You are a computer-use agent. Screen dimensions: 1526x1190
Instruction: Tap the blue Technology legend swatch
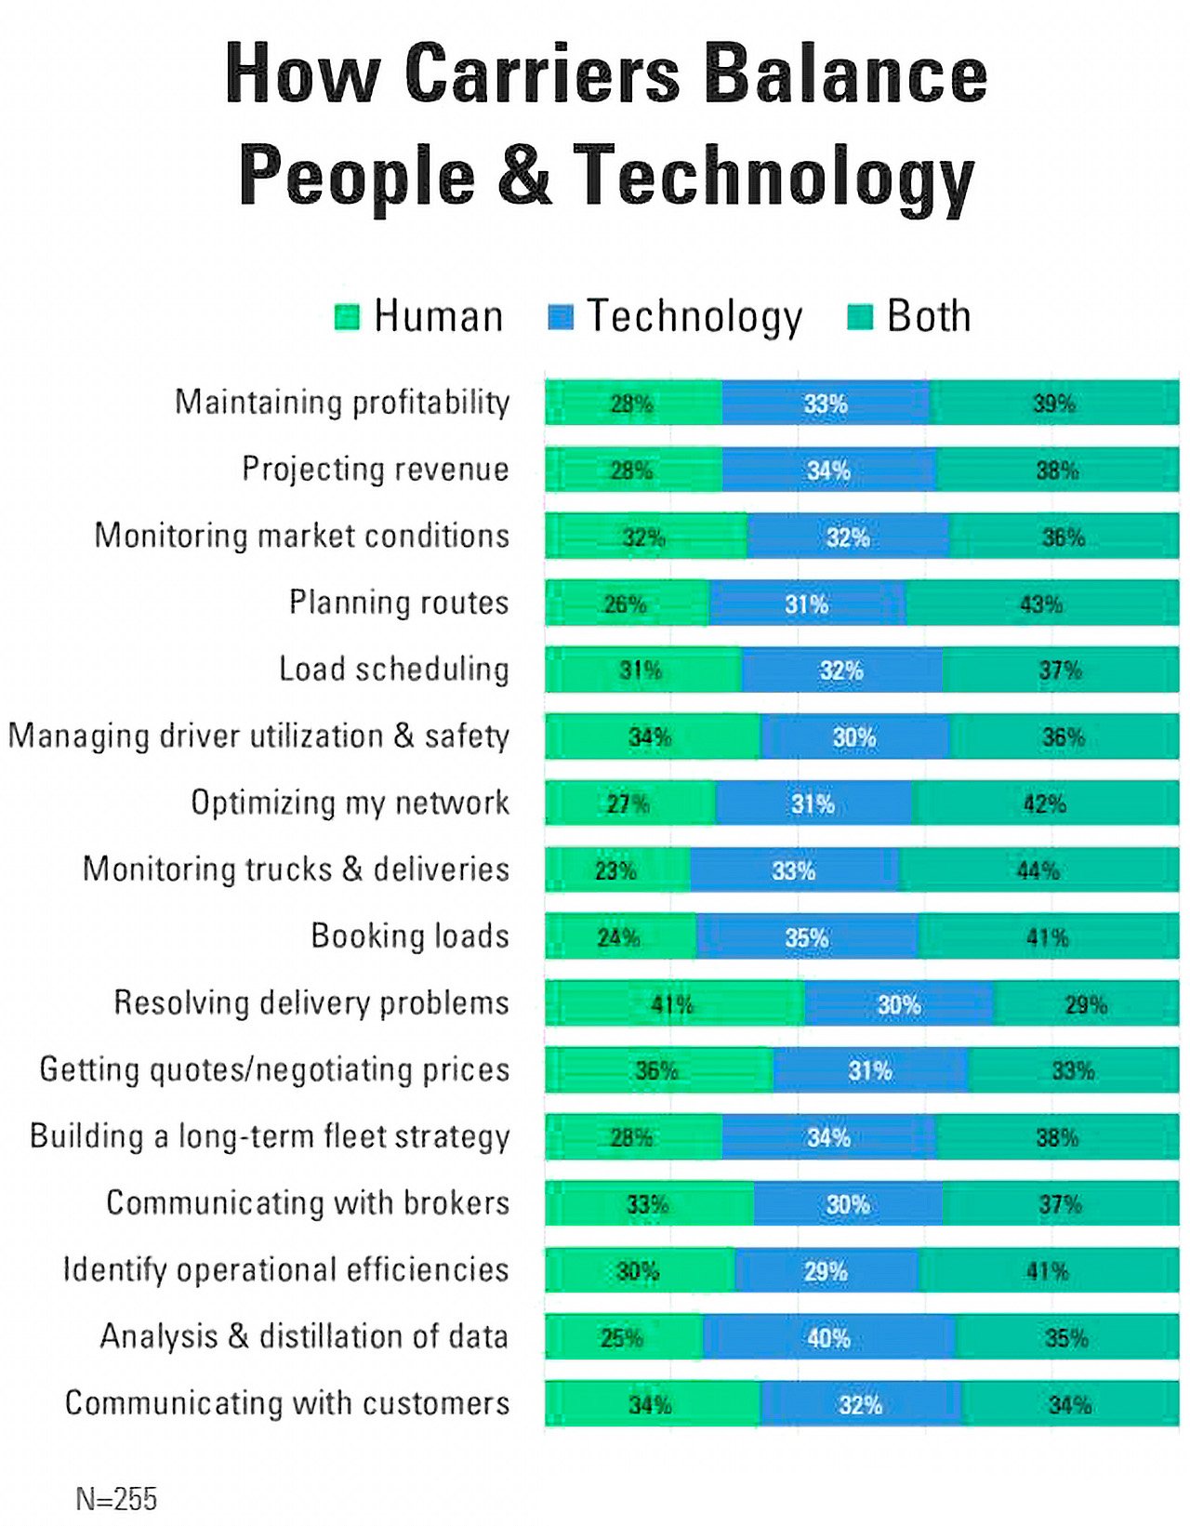pos(561,317)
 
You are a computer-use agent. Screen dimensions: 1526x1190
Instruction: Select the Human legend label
pos(438,317)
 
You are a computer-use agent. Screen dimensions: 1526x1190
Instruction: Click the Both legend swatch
pos(860,317)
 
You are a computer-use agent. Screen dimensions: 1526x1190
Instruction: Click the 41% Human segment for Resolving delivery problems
pos(674,1003)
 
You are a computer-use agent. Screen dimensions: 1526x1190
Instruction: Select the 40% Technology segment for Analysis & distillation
pos(828,1337)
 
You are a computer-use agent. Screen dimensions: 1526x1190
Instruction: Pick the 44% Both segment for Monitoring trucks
pos(1038,869)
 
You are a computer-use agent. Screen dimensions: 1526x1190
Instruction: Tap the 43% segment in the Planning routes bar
pos(1041,604)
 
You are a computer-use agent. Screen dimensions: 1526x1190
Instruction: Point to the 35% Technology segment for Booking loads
pos(806,936)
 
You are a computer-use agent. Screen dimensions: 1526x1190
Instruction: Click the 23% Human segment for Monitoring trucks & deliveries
pos(616,869)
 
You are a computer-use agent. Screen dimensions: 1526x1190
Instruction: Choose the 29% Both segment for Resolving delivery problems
pos(1085,1003)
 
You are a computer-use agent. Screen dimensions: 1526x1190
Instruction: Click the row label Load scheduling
pos(394,670)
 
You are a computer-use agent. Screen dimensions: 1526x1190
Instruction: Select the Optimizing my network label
pos(350,803)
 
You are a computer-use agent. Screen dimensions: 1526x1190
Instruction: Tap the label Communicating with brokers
pos(308,1203)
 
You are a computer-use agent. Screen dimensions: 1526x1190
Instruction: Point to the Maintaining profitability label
pos(342,403)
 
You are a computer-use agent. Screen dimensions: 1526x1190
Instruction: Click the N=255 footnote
pos(116,1499)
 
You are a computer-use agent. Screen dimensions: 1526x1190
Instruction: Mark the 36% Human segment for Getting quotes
pos(657,1070)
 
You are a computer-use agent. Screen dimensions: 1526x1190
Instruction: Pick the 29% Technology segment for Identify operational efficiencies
pos(826,1270)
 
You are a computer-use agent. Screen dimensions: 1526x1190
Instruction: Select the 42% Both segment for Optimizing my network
pos(1044,803)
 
